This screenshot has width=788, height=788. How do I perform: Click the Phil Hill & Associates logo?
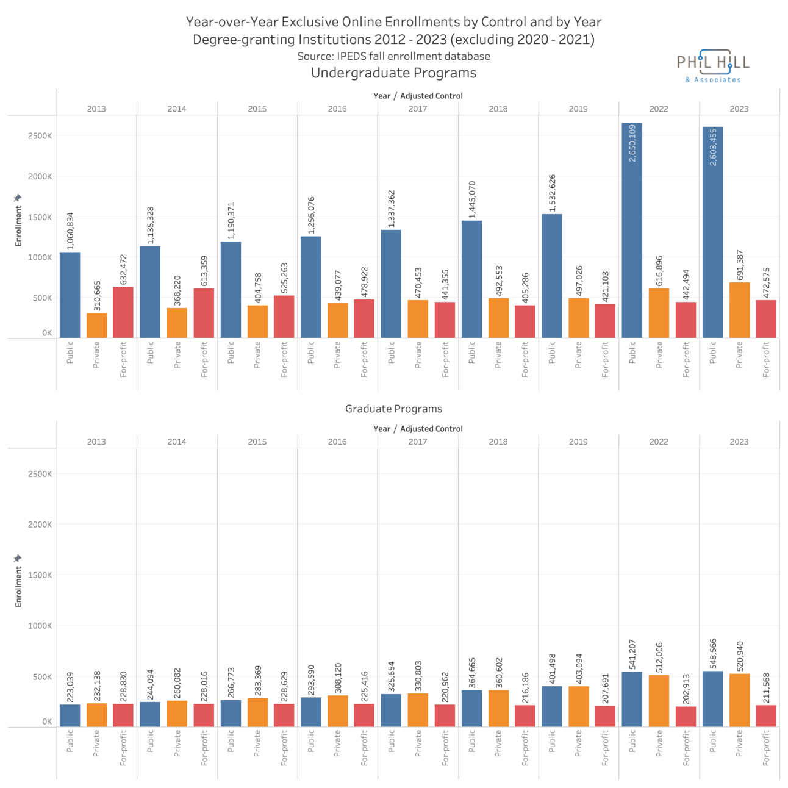point(713,66)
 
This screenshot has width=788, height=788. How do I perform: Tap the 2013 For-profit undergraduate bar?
point(123,312)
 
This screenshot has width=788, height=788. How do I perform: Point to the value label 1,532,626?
point(552,193)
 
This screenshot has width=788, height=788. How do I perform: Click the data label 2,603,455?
point(713,147)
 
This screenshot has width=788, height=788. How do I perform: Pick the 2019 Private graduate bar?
point(579,706)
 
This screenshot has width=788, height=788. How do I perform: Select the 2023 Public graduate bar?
point(712,699)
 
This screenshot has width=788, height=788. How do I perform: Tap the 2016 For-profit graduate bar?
point(364,715)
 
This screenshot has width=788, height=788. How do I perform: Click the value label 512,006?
point(659,657)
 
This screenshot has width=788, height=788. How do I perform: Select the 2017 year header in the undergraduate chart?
point(418,109)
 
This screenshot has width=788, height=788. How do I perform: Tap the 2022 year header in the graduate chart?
point(659,442)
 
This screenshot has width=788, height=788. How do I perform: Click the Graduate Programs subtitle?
point(393,409)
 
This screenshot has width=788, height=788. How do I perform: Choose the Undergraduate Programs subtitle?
point(393,73)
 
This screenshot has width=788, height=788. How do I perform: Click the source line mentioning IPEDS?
point(393,56)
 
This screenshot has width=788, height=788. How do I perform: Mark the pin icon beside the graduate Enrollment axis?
point(18,558)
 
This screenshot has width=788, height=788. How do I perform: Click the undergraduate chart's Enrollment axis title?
point(18,226)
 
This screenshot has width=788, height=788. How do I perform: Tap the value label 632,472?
point(123,270)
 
